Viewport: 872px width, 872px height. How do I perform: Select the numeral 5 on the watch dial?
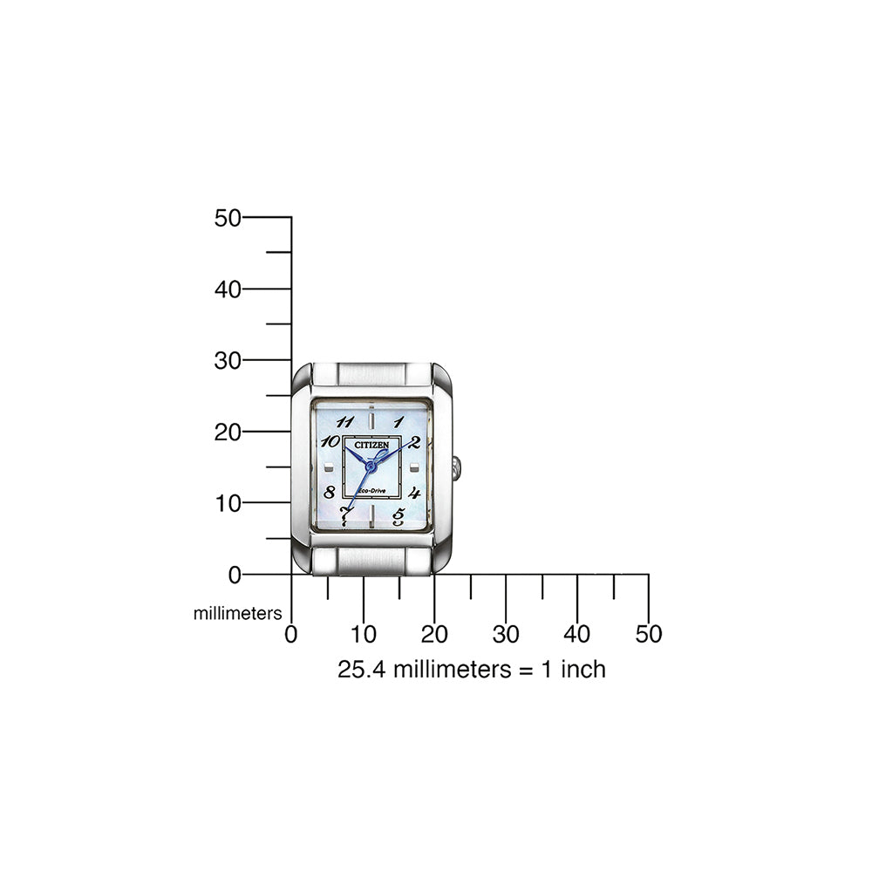click(399, 516)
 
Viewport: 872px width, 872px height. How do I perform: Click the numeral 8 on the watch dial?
click(330, 491)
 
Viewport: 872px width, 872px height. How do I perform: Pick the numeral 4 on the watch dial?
click(414, 492)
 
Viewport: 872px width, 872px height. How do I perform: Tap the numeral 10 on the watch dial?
click(330, 441)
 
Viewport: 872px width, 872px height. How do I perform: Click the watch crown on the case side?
click(457, 468)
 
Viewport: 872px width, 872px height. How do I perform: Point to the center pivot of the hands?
click(370, 468)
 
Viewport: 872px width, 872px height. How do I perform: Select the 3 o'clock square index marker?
click(410, 469)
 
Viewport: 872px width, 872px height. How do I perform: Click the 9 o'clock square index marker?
click(331, 469)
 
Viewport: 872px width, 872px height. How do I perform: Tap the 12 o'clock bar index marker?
click(371, 412)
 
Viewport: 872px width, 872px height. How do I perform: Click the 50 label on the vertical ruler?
click(228, 218)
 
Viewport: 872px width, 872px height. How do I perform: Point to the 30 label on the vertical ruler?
click(228, 360)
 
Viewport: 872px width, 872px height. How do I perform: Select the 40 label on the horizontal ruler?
click(577, 634)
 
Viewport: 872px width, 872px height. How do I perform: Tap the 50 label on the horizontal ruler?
click(649, 634)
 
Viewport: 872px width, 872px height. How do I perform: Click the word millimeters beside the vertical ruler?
click(237, 614)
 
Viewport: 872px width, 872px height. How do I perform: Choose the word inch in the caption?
click(582, 670)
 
